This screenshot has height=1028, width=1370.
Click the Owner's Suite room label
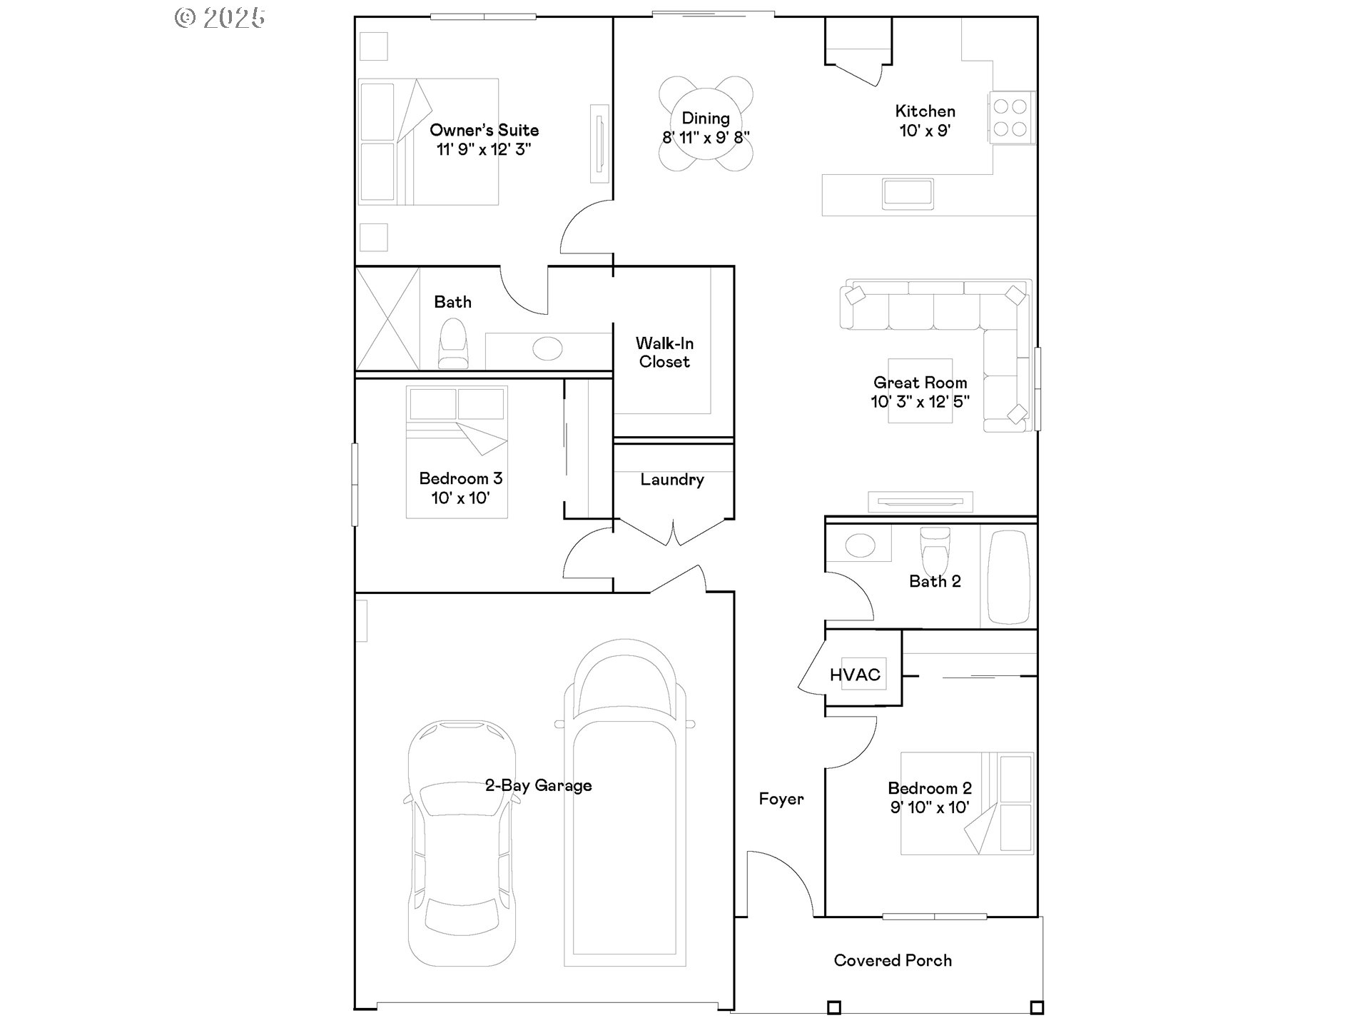pos(484,130)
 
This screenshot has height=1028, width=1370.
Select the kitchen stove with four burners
pos(1010,118)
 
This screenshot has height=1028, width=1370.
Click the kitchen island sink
pos(908,193)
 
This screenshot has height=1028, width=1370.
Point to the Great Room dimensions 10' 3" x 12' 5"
pos(920,402)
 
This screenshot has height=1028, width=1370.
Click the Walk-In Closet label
pos(664,353)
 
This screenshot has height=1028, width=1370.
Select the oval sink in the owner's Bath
pos(547,349)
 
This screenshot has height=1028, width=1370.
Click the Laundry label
pos(671,480)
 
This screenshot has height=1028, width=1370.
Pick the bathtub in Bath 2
pos(1008,577)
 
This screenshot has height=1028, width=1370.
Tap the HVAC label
pos(855,675)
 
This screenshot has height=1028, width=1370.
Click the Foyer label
pos(781,799)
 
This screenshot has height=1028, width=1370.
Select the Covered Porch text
pos(893,960)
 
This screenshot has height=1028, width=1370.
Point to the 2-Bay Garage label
pos(538,785)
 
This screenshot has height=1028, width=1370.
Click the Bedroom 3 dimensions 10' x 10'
pos(460,498)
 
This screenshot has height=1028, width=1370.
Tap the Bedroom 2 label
pos(929,788)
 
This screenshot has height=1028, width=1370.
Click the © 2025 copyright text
pos(220,18)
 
